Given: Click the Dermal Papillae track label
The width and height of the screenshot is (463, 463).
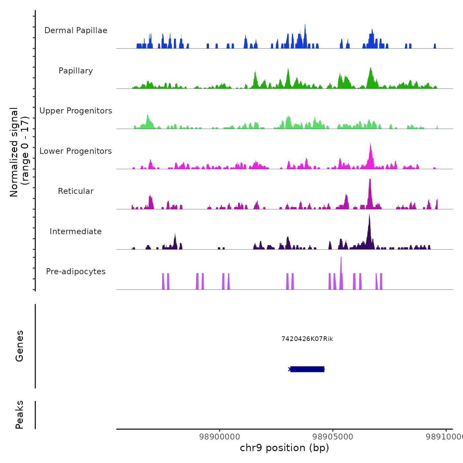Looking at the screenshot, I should (x=76, y=30).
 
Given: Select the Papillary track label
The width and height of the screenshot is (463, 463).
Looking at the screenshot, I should (x=76, y=71).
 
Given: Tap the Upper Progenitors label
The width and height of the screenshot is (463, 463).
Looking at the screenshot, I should (x=76, y=111).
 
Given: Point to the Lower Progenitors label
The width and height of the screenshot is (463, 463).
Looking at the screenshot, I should (x=76, y=151).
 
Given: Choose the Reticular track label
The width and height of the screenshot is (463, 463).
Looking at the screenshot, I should (x=76, y=191).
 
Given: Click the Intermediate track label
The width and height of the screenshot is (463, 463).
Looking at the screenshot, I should (x=76, y=232).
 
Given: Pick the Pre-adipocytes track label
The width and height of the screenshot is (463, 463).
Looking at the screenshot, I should (x=76, y=272).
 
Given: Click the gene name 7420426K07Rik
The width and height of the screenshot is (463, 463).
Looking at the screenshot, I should (x=307, y=339).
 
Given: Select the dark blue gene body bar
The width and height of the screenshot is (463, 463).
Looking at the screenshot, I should (x=307, y=369).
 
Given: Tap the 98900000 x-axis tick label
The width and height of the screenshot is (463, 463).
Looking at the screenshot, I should (x=220, y=437).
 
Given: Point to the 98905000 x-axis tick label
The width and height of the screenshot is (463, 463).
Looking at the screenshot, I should (x=333, y=437).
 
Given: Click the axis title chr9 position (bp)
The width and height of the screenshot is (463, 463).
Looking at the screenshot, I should (x=284, y=448).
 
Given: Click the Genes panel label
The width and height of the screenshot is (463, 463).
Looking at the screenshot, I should (x=20, y=346).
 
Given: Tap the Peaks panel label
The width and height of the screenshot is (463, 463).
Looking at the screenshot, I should (x=20, y=415).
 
